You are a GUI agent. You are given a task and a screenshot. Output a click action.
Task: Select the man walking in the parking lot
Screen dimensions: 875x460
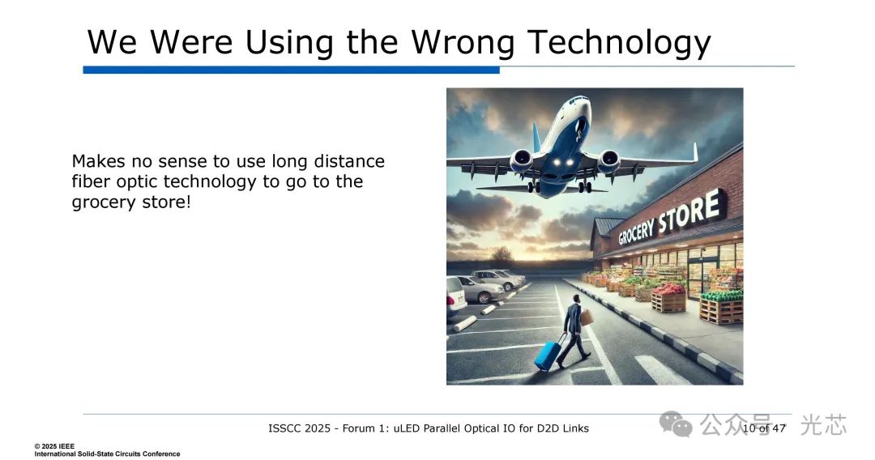click(573, 331)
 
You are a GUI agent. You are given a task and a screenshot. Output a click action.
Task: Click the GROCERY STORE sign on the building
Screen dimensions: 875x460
click(672, 218)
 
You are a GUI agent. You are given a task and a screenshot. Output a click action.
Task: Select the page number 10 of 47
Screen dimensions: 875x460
click(764, 428)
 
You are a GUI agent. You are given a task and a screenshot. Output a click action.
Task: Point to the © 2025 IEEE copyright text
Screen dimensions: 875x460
click(54, 446)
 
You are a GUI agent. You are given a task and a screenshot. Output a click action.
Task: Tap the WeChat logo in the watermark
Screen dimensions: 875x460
click(675, 425)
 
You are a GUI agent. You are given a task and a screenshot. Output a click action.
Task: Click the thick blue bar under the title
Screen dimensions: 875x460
click(292, 70)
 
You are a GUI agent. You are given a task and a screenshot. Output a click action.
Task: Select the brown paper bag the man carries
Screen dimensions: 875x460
click(586, 317)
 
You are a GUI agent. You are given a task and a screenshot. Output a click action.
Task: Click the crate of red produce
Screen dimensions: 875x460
click(668, 297)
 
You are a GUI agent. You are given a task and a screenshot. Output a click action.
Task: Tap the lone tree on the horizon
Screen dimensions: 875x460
click(502, 256)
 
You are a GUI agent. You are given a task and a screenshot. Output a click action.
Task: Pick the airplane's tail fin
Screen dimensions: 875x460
click(537, 137)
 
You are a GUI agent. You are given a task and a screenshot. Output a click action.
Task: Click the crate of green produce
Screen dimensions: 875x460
click(721, 307)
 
